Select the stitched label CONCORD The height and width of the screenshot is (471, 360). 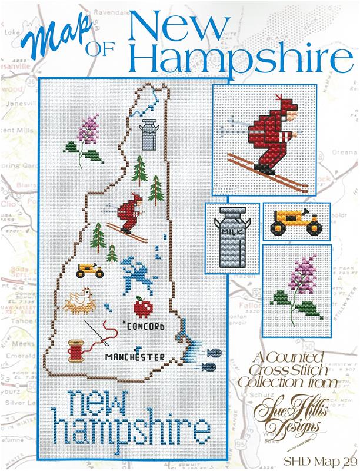pos(145,325)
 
